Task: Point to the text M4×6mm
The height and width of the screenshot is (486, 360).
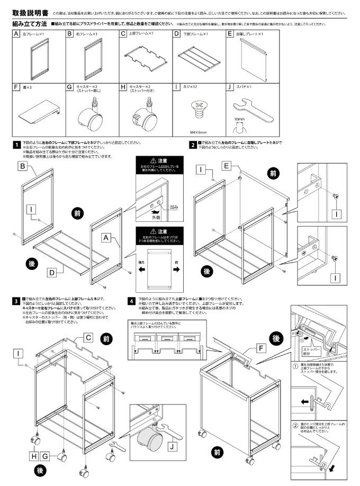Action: pyautogui.click(x=199, y=132)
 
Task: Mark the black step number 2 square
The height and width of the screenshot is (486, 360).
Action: pyautogui.click(x=193, y=143)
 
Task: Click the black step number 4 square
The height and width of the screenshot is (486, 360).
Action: pyautogui.click(x=131, y=301)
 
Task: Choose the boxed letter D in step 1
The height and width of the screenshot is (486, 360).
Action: pyautogui.click(x=52, y=273)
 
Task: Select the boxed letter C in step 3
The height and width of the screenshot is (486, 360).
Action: pyautogui.click(x=89, y=337)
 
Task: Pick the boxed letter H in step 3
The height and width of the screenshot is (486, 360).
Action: pyautogui.click(x=34, y=456)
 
